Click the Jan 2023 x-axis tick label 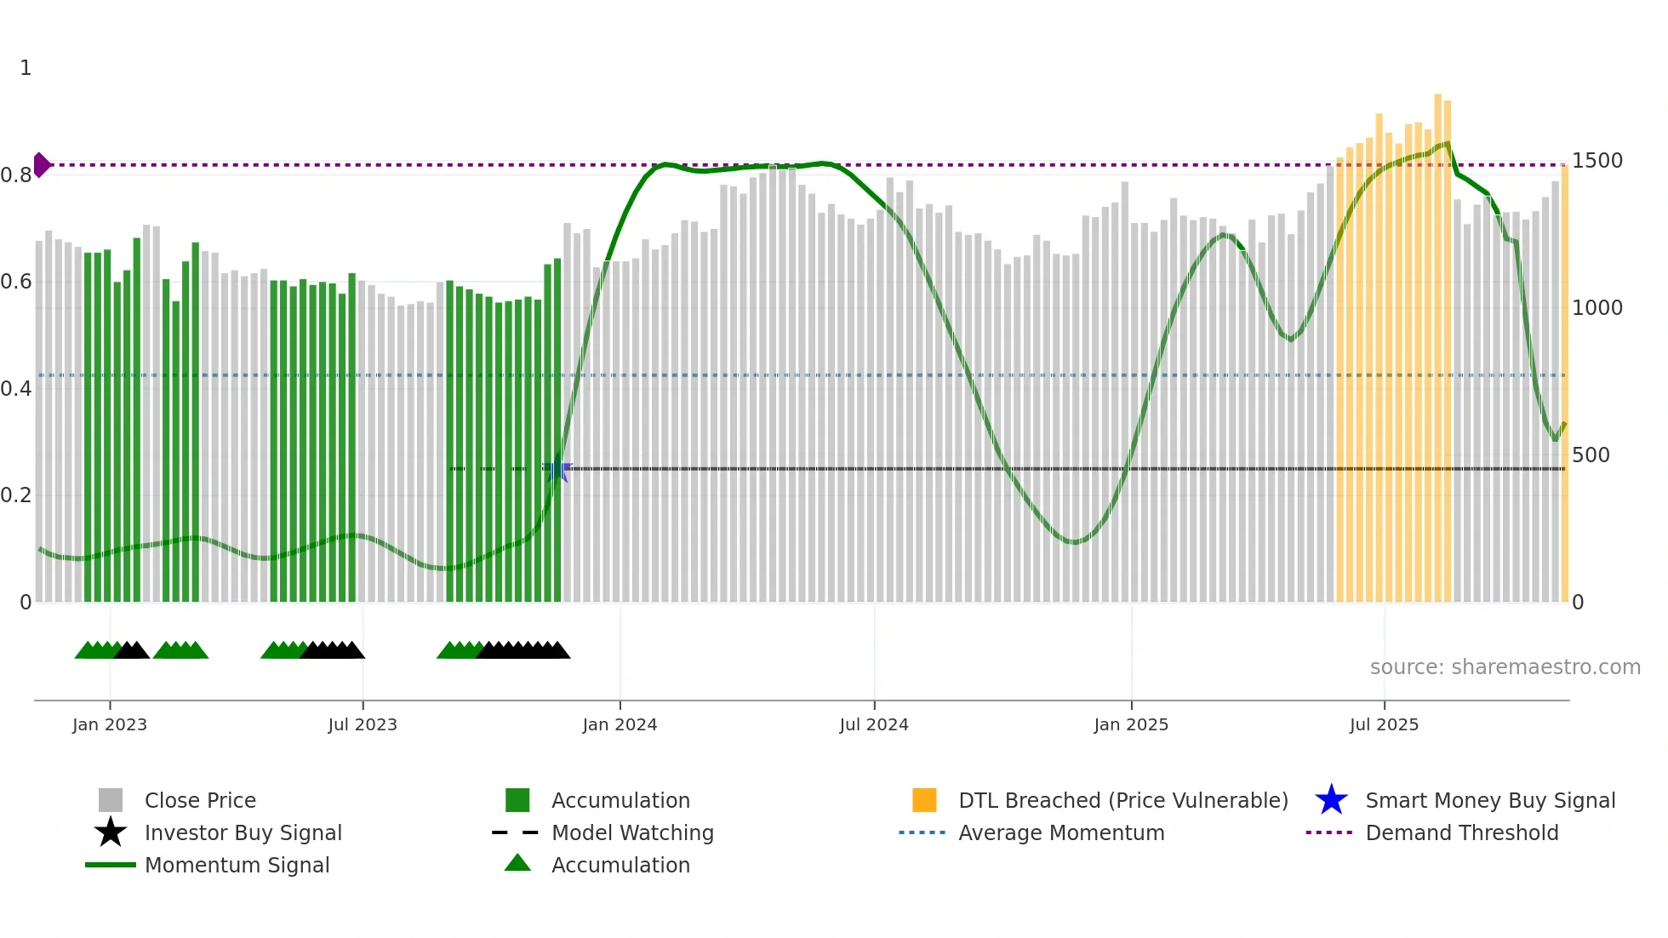coord(110,724)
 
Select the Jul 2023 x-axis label coord(363,724)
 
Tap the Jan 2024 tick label coord(620,724)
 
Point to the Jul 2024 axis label coord(874,724)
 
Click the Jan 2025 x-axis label coord(1131,724)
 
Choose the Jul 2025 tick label coord(1384,724)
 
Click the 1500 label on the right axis coord(1597,161)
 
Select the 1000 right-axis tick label coord(1597,308)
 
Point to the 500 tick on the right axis coord(1591,455)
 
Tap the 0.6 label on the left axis coord(16,282)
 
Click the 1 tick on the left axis coord(26,68)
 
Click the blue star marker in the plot coord(557,469)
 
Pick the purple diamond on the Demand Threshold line coord(42,164)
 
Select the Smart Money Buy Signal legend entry coord(1489,800)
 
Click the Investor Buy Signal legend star coord(111,832)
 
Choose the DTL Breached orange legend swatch coord(924,800)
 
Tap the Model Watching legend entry coord(631,832)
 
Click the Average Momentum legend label coord(1061,832)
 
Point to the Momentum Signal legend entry coord(237,865)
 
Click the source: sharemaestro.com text coord(1505,667)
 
